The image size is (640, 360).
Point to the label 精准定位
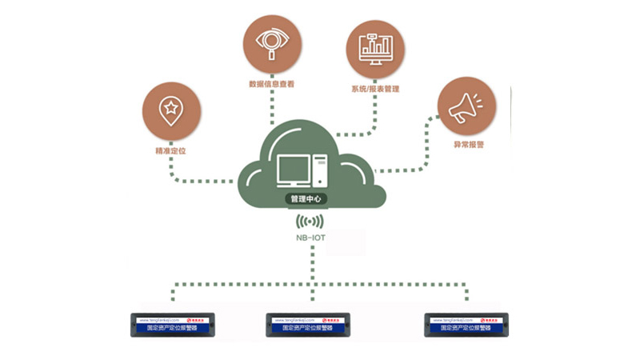(x=170, y=150)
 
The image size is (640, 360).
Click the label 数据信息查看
(x=272, y=83)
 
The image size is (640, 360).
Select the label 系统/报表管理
(x=375, y=88)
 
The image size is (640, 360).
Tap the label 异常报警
(x=468, y=146)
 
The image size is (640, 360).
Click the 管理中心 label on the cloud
(x=308, y=197)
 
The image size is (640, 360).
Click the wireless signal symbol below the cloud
(x=310, y=221)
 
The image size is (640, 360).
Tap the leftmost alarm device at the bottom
(x=174, y=324)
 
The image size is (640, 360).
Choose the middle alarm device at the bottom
(x=309, y=324)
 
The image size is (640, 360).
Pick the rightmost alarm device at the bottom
(x=467, y=324)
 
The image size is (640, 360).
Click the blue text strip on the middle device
(x=309, y=327)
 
